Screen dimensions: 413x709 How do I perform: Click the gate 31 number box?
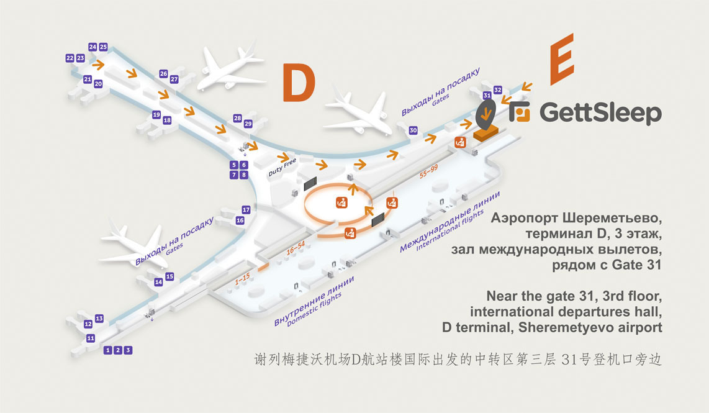coord(487,96)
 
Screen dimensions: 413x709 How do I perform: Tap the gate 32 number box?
coord(497,90)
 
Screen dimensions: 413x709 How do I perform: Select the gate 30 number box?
coord(413,130)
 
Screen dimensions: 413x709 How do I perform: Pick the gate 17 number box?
coord(246,210)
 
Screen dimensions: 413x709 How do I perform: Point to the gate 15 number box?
coord(169,276)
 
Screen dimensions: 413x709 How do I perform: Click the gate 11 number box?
coord(91,338)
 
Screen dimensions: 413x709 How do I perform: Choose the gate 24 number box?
coord(93,47)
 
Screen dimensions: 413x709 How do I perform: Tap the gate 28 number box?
coord(237,118)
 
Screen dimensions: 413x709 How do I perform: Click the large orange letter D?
coord(299,82)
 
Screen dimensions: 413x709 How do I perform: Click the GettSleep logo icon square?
coord(520,112)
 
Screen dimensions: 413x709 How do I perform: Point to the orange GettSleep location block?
coord(486,132)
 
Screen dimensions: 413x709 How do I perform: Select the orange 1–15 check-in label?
coord(242,280)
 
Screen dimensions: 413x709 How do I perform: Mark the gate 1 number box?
coord(108,350)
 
